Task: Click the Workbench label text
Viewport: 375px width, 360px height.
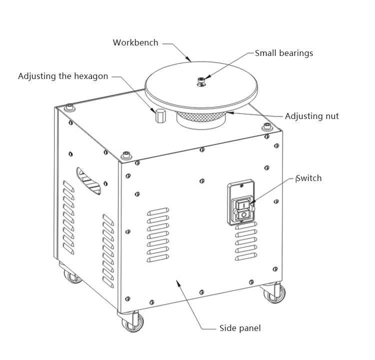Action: pos(135,42)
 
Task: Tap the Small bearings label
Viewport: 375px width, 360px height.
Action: pos(284,53)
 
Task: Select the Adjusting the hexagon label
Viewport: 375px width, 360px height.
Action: pos(63,76)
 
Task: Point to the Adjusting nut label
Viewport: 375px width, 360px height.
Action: pos(312,116)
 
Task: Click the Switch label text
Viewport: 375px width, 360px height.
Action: pos(309,178)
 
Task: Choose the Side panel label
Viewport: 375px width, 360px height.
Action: pos(240,328)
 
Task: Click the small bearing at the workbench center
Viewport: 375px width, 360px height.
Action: pos(201,81)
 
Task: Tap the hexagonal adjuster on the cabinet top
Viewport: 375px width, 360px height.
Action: pos(160,115)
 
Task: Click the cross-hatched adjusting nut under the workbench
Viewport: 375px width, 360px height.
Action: pos(201,116)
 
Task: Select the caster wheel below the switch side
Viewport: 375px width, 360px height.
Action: pos(275,294)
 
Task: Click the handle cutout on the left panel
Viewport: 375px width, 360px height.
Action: pos(88,181)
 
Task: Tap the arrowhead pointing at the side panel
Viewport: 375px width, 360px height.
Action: pos(178,283)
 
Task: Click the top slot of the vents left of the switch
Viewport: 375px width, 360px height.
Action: pos(158,211)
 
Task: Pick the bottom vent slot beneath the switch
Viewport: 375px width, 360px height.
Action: pos(246,256)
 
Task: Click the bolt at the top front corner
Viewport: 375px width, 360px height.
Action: pos(126,155)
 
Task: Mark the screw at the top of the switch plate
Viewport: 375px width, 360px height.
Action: pos(241,185)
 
